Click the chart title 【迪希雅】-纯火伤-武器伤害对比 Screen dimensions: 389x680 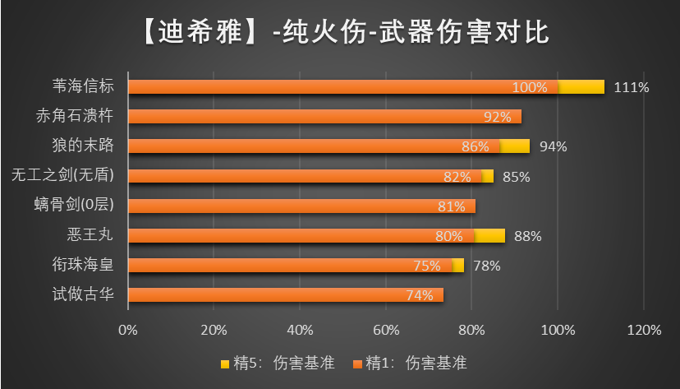click(x=339, y=33)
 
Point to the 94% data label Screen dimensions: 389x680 click(x=554, y=146)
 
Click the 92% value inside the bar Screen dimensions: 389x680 click(x=498, y=117)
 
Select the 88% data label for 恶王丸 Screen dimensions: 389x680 click(x=527, y=236)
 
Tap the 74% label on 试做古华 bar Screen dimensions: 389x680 click(x=419, y=295)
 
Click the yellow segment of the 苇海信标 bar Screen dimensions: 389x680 click(x=581, y=86)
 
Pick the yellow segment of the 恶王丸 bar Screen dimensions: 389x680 click(x=490, y=235)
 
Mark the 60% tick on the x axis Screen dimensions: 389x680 click(x=386, y=331)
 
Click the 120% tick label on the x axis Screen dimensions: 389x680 click(x=644, y=331)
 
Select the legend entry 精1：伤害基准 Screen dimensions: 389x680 click(x=410, y=362)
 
